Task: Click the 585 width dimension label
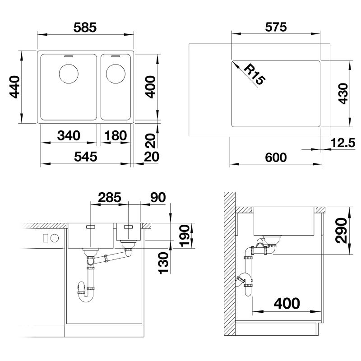(x=85, y=28)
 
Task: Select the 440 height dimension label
(x=14, y=87)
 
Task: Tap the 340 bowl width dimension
(x=69, y=135)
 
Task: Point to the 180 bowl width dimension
(x=116, y=135)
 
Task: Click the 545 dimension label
(x=86, y=157)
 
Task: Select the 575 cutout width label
(x=276, y=27)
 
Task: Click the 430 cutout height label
(x=343, y=94)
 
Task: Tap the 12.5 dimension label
(x=343, y=143)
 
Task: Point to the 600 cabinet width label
(x=276, y=157)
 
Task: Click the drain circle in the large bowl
(x=69, y=74)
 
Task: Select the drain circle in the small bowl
(x=116, y=74)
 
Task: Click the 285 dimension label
(x=110, y=197)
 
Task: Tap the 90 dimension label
(x=158, y=197)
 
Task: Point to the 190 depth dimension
(x=185, y=236)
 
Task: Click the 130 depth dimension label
(x=164, y=263)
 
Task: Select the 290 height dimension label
(x=341, y=231)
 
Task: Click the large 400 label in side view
(x=287, y=303)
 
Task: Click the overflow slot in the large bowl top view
(x=69, y=56)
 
